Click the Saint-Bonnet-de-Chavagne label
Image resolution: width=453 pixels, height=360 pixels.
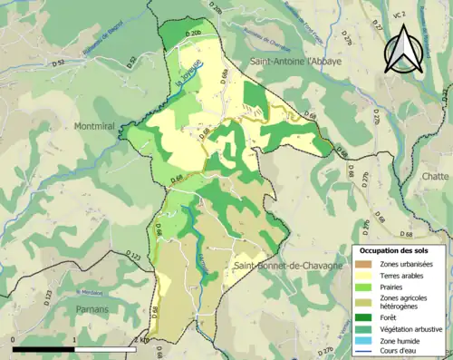point(287,265)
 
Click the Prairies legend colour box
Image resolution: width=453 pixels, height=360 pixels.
point(367,286)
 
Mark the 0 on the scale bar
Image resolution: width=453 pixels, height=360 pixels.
point(14,338)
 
